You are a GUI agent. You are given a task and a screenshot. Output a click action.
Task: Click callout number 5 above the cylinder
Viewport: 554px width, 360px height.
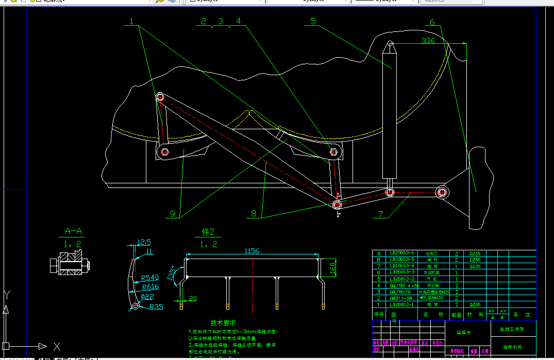(x=313, y=21)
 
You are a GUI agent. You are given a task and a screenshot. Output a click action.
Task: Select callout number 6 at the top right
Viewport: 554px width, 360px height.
(x=432, y=22)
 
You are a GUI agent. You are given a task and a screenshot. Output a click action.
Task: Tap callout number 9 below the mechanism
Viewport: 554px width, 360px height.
(x=172, y=213)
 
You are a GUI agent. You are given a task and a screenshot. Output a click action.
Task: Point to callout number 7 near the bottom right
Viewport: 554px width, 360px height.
(x=381, y=213)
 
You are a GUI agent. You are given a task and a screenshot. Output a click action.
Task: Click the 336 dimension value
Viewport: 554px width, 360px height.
(x=428, y=41)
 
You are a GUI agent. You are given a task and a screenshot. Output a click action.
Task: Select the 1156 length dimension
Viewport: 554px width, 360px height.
(x=252, y=251)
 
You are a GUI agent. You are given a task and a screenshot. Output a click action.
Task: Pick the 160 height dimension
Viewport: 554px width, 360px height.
(x=333, y=268)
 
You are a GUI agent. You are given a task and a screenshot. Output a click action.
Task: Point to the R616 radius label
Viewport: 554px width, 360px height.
(x=150, y=287)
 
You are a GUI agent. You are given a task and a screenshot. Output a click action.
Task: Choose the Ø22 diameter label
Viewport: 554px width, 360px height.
(x=148, y=296)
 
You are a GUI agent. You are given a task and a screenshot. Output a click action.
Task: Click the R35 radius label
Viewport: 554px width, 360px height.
(x=156, y=307)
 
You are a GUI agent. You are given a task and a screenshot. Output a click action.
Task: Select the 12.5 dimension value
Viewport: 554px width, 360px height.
(x=144, y=242)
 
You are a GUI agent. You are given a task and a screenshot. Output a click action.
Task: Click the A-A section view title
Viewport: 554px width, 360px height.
(x=73, y=231)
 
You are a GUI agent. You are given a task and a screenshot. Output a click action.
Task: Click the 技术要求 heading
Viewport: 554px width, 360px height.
(x=223, y=322)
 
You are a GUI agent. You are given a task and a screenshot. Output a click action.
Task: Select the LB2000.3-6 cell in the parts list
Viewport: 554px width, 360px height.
(x=402, y=254)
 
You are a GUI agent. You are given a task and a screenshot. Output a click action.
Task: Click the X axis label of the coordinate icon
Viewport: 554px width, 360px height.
(x=57, y=347)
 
